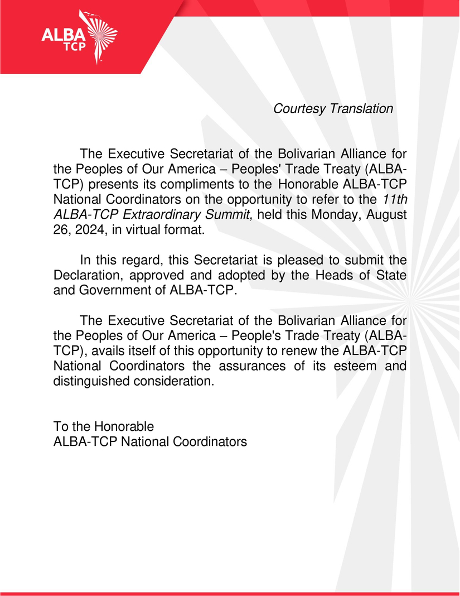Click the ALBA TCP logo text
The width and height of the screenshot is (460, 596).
(x=64, y=39)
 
